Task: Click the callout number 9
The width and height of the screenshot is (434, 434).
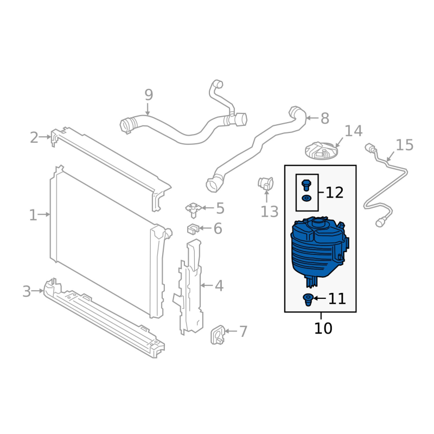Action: tap(149, 95)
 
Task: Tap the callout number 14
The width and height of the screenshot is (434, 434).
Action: tap(354, 131)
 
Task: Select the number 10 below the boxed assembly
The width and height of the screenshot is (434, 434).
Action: tap(323, 328)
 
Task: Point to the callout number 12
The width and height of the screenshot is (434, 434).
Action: tap(335, 193)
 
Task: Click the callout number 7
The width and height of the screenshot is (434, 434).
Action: tap(242, 331)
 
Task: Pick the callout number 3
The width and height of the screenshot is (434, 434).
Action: tap(27, 291)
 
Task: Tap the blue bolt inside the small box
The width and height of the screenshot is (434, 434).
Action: tap(306, 185)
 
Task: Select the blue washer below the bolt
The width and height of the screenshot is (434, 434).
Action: tap(306, 198)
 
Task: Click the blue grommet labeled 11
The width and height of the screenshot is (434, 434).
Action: tap(308, 300)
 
